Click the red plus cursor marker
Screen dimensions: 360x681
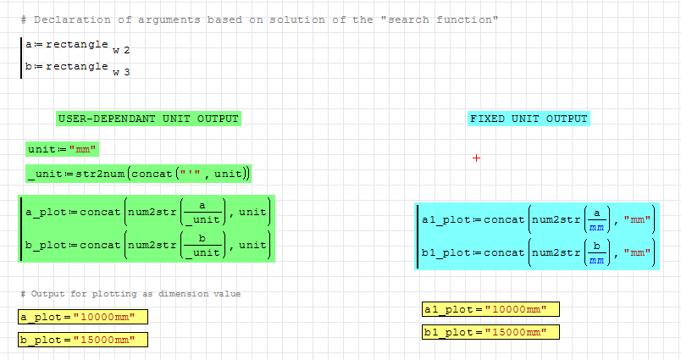click(x=477, y=158)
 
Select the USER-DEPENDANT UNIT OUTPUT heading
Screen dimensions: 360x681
click(x=147, y=119)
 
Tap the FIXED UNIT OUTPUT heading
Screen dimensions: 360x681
click(x=529, y=119)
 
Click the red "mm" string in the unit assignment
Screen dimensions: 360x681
click(x=84, y=150)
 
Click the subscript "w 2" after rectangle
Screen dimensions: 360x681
click(x=121, y=51)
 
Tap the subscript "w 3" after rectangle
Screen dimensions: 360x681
click(x=121, y=73)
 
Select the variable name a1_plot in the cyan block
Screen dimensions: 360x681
click(x=446, y=220)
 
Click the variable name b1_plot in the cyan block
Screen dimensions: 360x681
click(x=446, y=252)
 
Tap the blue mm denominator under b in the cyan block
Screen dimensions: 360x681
click(x=596, y=260)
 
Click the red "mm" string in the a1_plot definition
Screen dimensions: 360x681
click(x=637, y=220)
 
